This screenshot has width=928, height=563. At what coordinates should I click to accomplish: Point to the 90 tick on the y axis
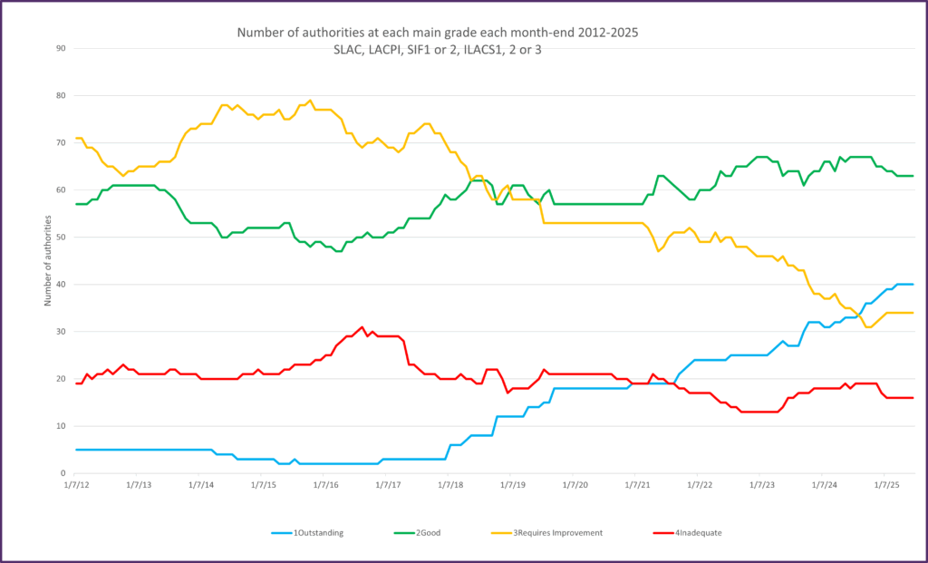[x=62, y=48]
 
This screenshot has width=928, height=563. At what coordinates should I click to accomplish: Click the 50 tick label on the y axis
[x=62, y=238]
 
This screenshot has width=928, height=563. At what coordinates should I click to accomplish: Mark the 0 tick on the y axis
[x=63, y=473]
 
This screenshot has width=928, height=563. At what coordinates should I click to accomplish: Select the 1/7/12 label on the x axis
[x=76, y=486]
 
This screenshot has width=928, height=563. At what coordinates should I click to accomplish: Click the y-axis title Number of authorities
[x=48, y=260]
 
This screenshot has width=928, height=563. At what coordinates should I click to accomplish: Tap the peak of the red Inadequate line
[x=362, y=327]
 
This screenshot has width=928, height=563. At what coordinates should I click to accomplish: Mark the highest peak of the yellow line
[x=310, y=101]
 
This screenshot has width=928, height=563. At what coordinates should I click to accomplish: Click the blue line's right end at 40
[x=912, y=285]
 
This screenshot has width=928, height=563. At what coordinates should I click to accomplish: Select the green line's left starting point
[x=76, y=204]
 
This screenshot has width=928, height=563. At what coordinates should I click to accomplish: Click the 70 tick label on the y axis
[x=62, y=143]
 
